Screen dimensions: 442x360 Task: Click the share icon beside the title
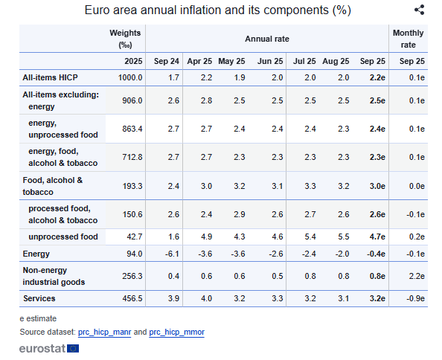420,10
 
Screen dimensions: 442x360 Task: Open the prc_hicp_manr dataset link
105,332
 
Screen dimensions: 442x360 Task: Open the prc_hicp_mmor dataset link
177,332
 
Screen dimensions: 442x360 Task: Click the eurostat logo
49,348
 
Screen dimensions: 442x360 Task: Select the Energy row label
36,254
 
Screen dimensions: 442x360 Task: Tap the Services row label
39,298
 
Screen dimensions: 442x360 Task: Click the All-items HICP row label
50,77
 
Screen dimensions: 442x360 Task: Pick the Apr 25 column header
199,61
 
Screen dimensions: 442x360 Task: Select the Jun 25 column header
270,61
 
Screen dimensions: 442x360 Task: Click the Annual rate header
267,39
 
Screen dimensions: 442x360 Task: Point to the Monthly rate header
409,39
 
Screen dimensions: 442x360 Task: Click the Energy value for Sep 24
172,254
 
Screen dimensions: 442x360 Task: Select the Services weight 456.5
132,298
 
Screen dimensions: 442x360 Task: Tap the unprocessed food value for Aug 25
344,237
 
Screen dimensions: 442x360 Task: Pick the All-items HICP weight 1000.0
130,77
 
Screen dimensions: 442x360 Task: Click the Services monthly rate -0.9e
415,298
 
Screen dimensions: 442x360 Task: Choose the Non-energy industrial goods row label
54,276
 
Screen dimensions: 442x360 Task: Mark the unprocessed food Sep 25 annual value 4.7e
377,237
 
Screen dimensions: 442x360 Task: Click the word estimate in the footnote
42,318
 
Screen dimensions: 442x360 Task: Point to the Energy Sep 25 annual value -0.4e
376,254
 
